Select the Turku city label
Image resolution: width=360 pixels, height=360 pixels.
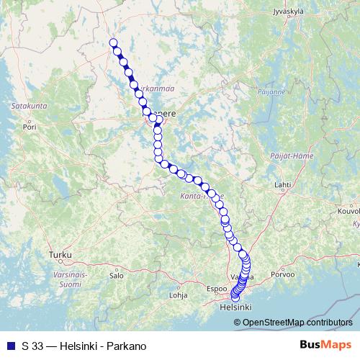(x=56, y=255)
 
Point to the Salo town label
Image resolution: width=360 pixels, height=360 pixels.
(x=116, y=275)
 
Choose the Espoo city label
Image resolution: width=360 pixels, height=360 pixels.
(x=216, y=289)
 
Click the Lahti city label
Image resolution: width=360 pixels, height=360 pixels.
(x=282, y=185)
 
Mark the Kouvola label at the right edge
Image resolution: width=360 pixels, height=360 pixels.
(x=348, y=212)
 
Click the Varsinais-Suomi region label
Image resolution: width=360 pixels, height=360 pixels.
(x=66, y=279)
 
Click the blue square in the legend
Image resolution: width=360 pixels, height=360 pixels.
(x=10, y=346)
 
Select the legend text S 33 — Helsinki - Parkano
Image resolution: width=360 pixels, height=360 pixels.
(x=84, y=346)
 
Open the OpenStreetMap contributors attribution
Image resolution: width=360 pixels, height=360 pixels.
(x=298, y=323)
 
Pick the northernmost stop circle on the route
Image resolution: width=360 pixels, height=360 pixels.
(x=113, y=42)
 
